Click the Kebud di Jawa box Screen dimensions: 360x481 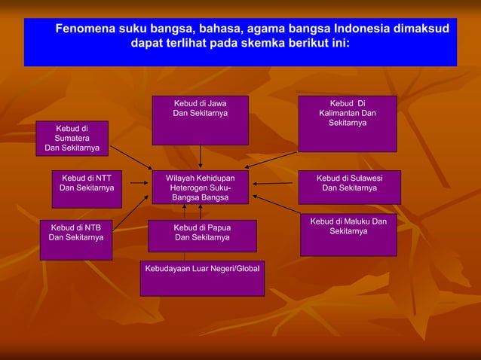click(200, 120)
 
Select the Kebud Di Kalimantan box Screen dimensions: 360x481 click(347, 124)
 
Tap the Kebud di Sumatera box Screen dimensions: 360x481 click(71, 139)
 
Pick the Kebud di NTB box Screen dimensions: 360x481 click(75, 239)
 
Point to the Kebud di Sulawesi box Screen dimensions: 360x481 click(349, 188)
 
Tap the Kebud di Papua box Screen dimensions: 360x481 click(202, 235)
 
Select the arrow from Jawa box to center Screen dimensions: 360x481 click(200, 157)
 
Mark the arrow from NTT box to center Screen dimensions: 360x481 click(139, 182)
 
